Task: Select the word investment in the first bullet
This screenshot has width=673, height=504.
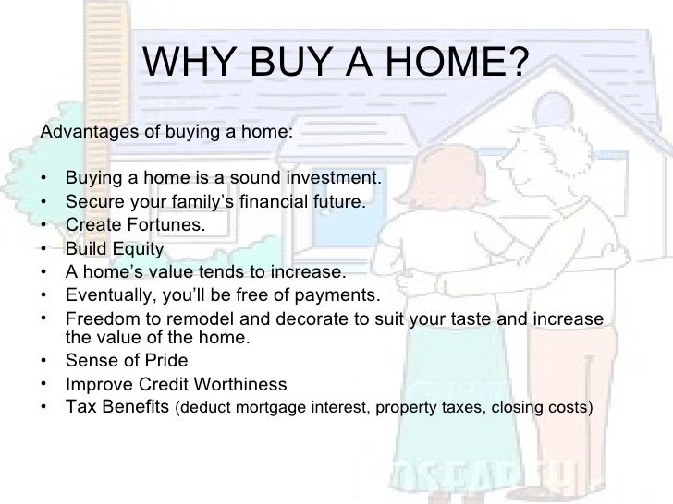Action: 331,177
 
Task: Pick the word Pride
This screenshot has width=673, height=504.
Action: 163,361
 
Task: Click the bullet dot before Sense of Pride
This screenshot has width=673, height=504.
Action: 45,361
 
